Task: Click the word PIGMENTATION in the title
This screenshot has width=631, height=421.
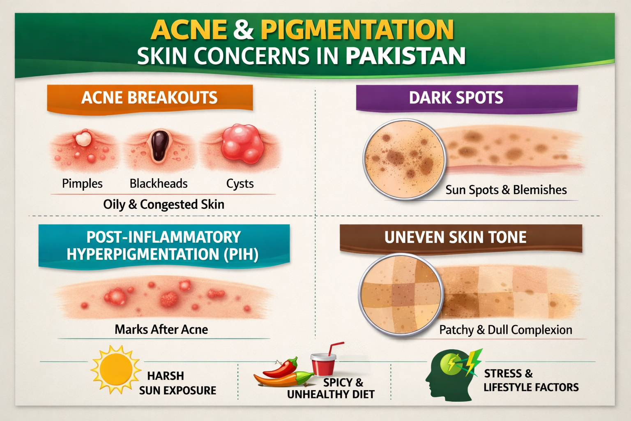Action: pyautogui.click(x=357, y=30)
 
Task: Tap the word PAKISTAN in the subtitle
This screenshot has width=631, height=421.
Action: pyautogui.click(x=405, y=56)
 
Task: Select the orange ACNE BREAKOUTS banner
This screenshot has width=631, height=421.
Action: pyautogui.click(x=150, y=98)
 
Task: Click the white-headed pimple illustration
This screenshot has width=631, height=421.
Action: pyautogui.click(x=83, y=139)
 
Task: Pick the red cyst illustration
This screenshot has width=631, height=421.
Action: pyautogui.click(x=242, y=144)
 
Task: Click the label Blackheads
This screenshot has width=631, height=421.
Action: pyautogui.click(x=159, y=183)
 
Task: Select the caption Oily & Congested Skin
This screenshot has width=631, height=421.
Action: pyautogui.click(x=164, y=204)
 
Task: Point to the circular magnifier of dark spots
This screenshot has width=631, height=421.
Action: pyautogui.click(x=404, y=160)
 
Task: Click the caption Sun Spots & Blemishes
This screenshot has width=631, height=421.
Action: pyautogui.click(x=506, y=190)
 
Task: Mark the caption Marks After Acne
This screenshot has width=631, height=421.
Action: pyautogui.click(x=161, y=329)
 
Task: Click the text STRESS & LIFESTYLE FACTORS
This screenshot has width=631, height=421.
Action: pyautogui.click(x=531, y=380)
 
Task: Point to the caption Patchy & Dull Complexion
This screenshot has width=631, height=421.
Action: pyautogui.click(x=506, y=330)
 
